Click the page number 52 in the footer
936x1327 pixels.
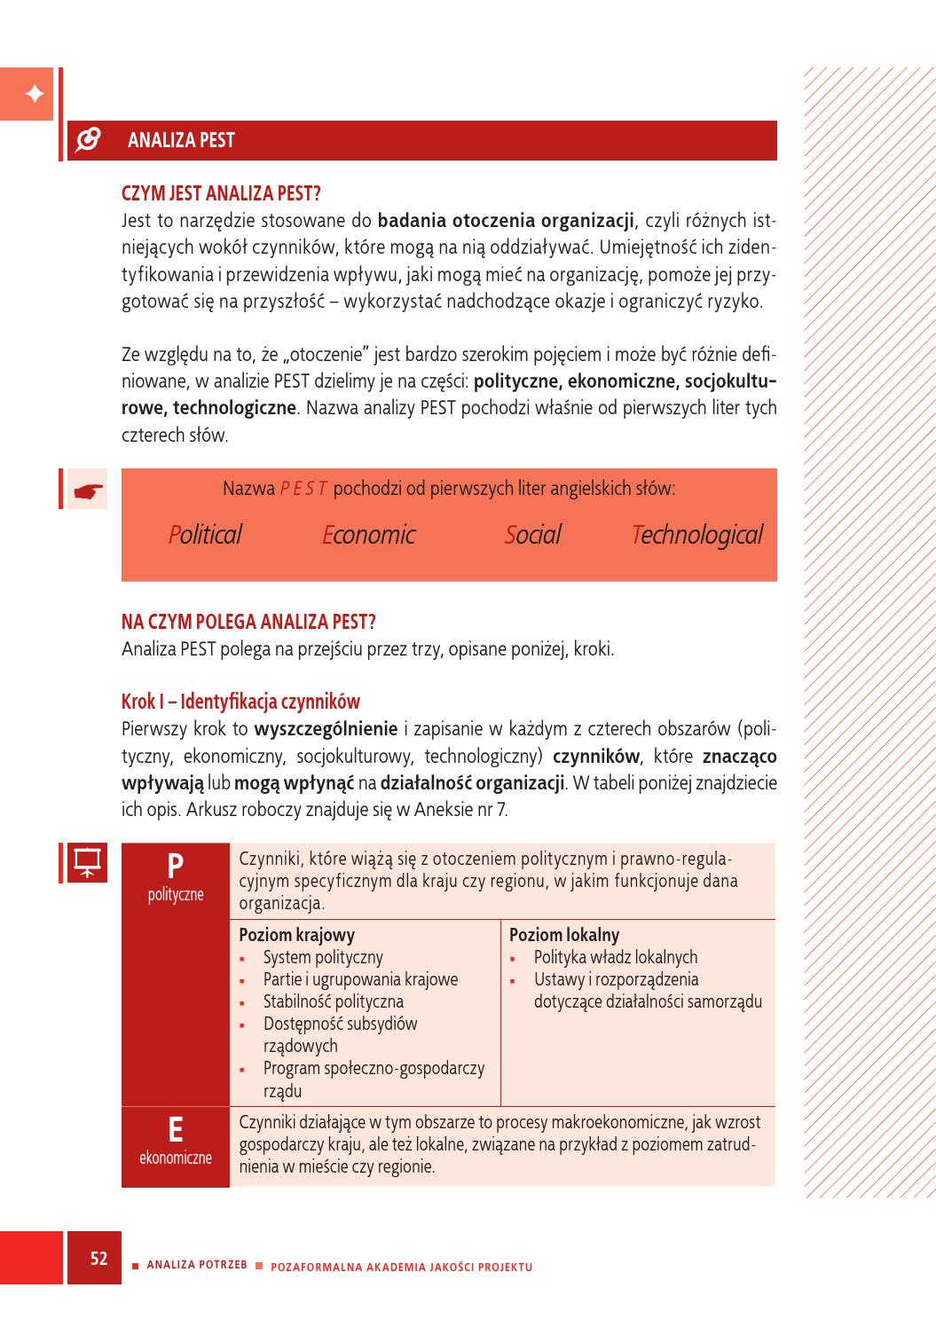click(98, 1258)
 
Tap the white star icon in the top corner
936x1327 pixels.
click(33, 94)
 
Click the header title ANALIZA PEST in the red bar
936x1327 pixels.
click(181, 140)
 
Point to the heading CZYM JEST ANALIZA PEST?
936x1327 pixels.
click(221, 193)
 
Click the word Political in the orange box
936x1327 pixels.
click(205, 535)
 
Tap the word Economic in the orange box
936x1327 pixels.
click(368, 535)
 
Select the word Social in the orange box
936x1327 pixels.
click(532, 535)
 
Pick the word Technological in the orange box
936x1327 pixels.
click(696, 535)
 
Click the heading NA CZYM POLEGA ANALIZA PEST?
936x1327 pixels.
click(248, 621)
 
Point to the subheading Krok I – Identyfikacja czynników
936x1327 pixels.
click(240, 702)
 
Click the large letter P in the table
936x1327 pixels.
click(176, 865)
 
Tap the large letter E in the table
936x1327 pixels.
click(176, 1130)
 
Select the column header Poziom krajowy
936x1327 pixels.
click(297, 935)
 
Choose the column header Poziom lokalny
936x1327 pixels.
click(564, 935)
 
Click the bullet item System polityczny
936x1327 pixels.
click(323, 957)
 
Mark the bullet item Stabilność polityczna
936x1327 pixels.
click(334, 1001)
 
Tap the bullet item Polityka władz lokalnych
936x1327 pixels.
click(616, 957)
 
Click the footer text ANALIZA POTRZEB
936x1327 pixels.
click(197, 1265)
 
